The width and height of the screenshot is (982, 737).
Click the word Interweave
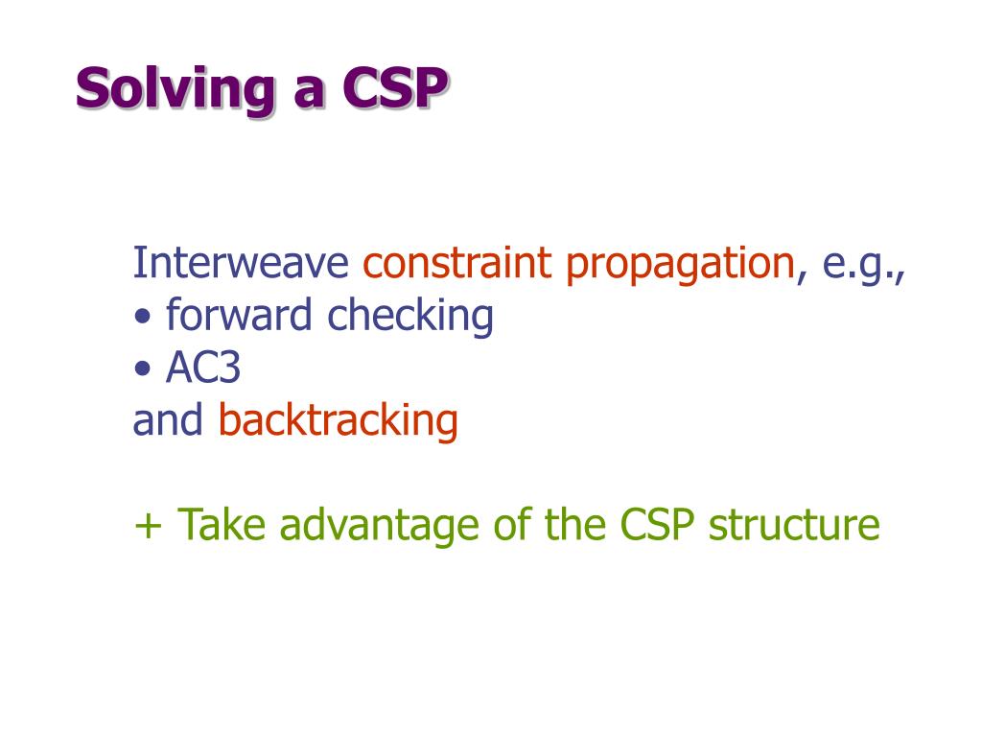pos(241,262)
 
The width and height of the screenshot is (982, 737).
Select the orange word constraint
pos(457,262)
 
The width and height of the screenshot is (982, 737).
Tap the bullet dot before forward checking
pos(143,316)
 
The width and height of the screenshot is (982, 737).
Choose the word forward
pos(239,314)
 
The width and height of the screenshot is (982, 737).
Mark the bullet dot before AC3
pos(143,368)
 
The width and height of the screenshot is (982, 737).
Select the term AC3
pos(203,368)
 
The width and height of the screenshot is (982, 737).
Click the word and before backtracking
pos(168,419)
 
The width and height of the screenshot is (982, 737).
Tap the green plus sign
pos(148,525)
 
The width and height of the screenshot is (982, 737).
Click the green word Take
pos(222,524)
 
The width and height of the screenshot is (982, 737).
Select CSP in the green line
pos(657,525)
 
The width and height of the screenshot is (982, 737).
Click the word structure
pos(794,525)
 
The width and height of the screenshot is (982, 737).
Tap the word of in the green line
pos(511,524)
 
